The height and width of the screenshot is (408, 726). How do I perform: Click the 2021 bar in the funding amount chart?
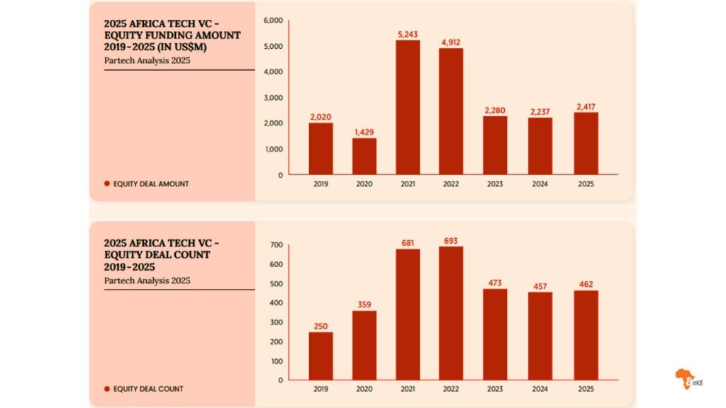click(x=408, y=107)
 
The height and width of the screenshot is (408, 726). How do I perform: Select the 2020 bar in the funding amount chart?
click(x=364, y=156)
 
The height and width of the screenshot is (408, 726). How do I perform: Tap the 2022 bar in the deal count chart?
click(x=451, y=313)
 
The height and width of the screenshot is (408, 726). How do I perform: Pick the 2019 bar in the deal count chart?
click(x=320, y=356)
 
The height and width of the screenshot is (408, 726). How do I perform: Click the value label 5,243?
click(x=408, y=33)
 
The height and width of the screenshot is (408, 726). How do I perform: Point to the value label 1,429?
click(x=364, y=132)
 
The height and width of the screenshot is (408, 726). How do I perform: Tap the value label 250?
click(x=320, y=326)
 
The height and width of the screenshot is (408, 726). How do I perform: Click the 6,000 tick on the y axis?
click(x=273, y=21)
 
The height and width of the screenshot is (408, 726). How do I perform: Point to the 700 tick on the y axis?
click(x=276, y=245)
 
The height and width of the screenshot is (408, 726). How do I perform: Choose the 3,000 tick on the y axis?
click(x=273, y=98)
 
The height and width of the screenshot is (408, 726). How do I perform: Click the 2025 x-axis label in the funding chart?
click(x=585, y=184)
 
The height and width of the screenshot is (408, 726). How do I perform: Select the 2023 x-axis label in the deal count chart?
click(x=495, y=389)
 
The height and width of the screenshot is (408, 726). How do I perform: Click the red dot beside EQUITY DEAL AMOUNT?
click(x=106, y=183)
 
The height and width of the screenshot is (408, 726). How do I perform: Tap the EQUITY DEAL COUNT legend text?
click(x=147, y=389)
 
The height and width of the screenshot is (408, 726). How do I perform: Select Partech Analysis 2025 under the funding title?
click(x=147, y=60)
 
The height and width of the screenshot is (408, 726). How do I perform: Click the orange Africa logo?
click(x=686, y=379)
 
